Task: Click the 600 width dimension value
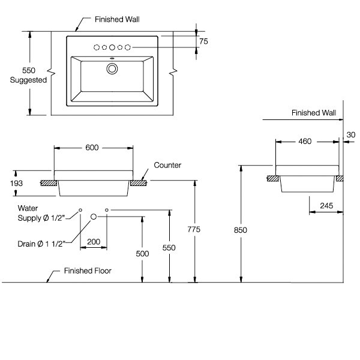click(x=92, y=147)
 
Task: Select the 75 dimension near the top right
click(x=203, y=41)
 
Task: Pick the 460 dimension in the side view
click(x=305, y=142)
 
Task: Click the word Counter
click(x=167, y=164)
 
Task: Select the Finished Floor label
click(x=88, y=271)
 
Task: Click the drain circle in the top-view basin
click(x=112, y=68)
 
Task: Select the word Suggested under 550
click(x=28, y=80)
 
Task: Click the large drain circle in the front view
click(x=94, y=216)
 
